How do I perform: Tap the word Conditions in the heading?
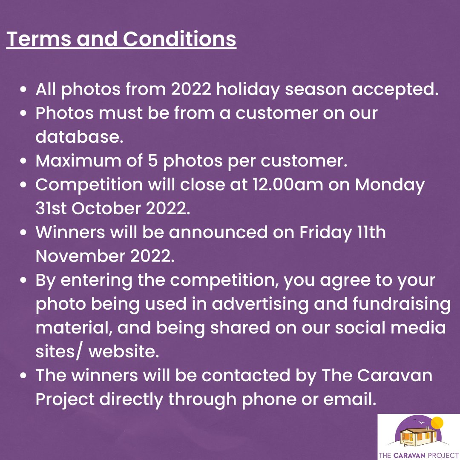179,39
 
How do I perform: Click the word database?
79,137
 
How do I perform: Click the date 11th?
371,233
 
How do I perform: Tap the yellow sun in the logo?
437,423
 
